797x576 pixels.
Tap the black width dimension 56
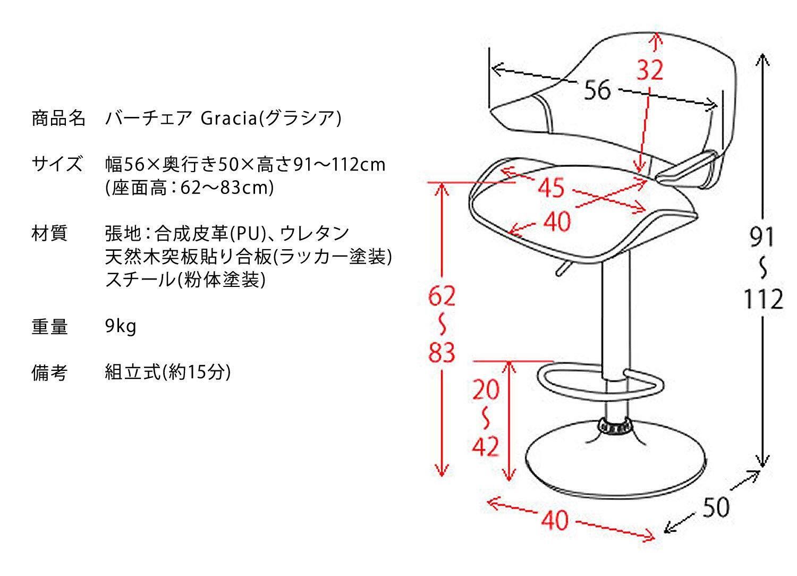(x=598, y=90)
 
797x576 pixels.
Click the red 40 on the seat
(x=557, y=221)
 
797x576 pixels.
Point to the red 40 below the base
(x=555, y=520)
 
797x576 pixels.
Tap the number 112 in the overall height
(x=762, y=300)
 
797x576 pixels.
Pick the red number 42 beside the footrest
(x=486, y=446)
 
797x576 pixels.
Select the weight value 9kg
(x=121, y=327)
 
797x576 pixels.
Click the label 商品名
(x=58, y=118)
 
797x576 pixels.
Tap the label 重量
(x=50, y=327)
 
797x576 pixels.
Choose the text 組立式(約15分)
(x=168, y=372)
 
